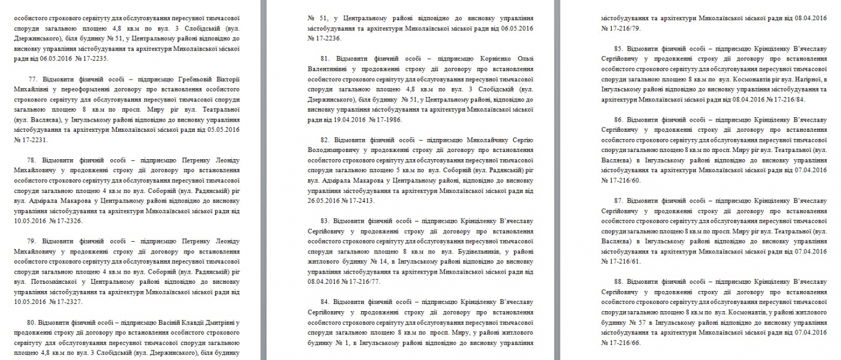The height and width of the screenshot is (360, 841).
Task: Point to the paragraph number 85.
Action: tap(618, 49)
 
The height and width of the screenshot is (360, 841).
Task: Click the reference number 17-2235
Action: tap(94, 59)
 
